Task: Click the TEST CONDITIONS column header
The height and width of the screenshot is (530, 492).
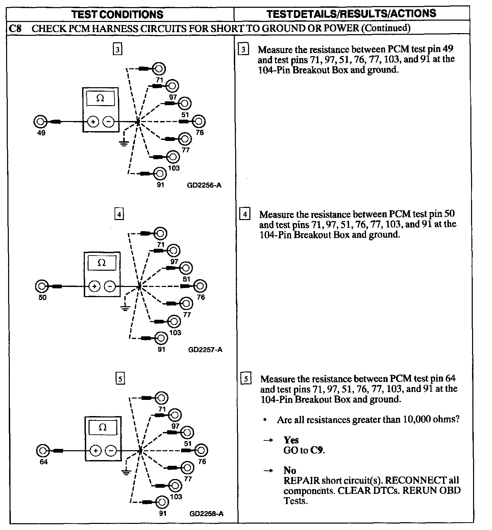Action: (118, 14)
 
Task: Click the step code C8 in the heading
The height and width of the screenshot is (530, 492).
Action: (15, 28)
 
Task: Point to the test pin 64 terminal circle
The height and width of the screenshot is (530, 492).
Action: (43, 450)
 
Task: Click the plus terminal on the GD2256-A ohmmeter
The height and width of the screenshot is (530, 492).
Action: (93, 121)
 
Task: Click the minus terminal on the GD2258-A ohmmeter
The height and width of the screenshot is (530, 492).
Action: (111, 450)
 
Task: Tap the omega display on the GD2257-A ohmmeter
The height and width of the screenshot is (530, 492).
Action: (102, 263)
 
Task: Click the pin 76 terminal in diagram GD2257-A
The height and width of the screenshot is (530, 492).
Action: (200, 286)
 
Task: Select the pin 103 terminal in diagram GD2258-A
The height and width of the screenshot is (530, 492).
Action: (175, 486)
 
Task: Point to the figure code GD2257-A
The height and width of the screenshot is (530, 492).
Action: (205, 350)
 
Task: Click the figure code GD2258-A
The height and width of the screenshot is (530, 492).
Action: (206, 514)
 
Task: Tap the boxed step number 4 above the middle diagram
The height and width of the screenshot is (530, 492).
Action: (119, 214)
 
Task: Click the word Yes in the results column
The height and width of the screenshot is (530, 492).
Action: (291, 440)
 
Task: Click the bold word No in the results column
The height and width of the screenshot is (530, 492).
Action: (290, 471)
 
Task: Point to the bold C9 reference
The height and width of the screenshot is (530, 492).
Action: (319, 451)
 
